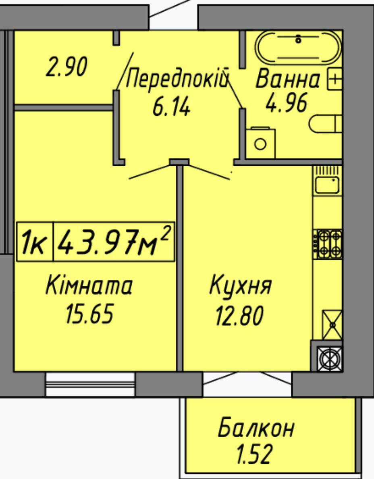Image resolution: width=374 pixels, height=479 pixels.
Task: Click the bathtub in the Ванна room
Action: click(298, 48)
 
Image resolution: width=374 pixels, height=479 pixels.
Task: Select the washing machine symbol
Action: click(260, 143)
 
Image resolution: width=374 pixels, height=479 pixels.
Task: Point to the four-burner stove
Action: click(327, 244)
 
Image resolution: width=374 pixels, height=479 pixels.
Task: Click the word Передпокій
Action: click(177, 79)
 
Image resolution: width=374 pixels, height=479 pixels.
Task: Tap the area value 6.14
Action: click(171, 108)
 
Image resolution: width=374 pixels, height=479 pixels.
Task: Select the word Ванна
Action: click(288, 79)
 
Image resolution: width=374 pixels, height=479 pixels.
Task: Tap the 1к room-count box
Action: click(35, 242)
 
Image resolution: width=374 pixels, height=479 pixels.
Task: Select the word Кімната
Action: click(89, 285)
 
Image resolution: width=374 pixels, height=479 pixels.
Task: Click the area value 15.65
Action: click(89, 314)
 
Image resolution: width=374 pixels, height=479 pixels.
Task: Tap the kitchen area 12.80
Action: click(239, 316)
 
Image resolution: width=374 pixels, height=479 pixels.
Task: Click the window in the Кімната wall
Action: click(90, 384)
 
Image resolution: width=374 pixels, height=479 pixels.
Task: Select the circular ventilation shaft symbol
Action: click(330, 358)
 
